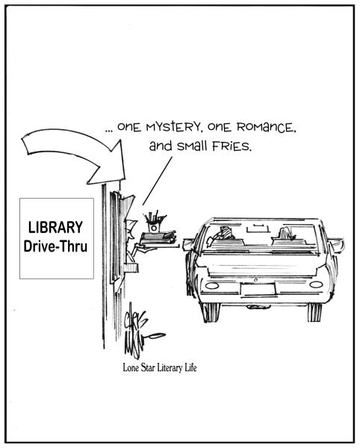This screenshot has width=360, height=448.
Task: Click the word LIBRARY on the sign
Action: click(55, 227)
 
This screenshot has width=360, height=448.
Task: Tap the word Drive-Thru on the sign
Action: click(55, 246)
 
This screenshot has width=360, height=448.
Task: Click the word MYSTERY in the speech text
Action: click(174, 127)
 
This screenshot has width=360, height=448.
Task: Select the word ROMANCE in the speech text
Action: click(266, 127)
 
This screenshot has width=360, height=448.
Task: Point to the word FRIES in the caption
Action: click(232, 146)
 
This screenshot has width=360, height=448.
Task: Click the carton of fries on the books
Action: click(155, 222)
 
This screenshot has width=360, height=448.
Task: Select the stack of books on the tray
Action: click(158, 238)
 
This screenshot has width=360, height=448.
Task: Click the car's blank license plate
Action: click(258, 289)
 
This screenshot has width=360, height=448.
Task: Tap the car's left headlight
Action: click(212, 285)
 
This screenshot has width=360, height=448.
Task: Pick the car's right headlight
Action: click(316, 284)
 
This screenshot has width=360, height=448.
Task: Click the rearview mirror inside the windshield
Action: click(258, 228)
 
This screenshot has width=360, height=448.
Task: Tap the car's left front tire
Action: click(211, 312)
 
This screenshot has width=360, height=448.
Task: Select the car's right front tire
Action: click(314, 311)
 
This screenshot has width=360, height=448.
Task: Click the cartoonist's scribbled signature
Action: click(140, 332)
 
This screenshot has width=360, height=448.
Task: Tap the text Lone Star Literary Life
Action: click(160, 367)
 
